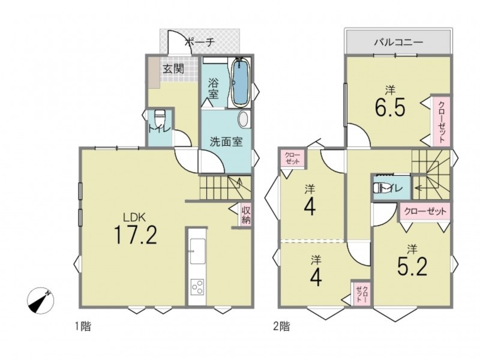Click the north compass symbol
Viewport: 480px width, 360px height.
pos(40,301)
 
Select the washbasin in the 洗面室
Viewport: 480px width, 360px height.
pos(244,119)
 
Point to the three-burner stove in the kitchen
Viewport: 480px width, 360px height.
pos(197,287)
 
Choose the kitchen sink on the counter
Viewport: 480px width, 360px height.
pos(197,251)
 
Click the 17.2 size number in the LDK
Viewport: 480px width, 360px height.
pos(136,235)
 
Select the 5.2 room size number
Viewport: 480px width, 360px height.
pos(412,266)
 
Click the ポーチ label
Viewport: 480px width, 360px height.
pos(200,41)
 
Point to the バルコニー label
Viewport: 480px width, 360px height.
pos(398,41)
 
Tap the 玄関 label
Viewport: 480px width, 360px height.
pos(173,69)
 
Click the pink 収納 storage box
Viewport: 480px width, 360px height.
pos(246,215)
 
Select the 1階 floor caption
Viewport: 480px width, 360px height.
pos(83,326)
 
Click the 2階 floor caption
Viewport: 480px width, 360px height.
pos(281,326)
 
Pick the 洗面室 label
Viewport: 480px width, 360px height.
pos(226,142)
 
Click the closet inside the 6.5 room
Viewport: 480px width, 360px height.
pos(440,122)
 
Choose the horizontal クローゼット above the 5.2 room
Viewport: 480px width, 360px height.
pos(425,212)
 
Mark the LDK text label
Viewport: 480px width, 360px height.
pos(134,217)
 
